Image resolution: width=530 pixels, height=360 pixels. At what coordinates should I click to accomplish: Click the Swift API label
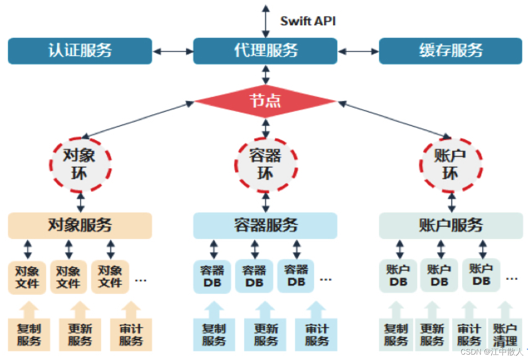tap(308, 21)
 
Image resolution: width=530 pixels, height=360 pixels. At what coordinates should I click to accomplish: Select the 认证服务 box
tap(80, 51)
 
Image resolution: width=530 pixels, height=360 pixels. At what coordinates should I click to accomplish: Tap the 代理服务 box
tap(265, 51)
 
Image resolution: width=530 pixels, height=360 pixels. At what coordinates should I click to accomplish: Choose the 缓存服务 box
tap(451, 51)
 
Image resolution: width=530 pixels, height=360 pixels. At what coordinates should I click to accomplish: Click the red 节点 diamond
tap(265, 101)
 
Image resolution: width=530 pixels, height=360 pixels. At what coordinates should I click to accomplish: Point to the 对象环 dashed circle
tap(80, 165)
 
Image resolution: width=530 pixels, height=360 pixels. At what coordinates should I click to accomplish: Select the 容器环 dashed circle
tap(266, 165)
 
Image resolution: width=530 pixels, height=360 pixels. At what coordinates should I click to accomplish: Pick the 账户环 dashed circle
tap(451, 165)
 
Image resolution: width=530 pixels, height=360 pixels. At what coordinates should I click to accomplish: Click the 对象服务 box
tap(80, 225)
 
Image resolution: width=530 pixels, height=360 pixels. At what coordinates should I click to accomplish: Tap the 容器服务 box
tap(265, 225)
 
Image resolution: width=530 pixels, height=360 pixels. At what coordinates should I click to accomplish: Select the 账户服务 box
tap(451, 225)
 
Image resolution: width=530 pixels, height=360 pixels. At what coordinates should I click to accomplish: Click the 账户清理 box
tap(505, 335)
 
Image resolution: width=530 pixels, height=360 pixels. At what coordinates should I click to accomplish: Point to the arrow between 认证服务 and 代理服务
tap(173, 51)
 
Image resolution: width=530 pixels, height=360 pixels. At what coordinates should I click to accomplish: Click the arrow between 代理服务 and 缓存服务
tap(358, 51)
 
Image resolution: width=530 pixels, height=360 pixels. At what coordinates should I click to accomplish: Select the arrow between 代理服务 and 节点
tap(266, 75)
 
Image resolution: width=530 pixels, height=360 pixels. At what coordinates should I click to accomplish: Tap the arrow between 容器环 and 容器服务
tap(266, 202)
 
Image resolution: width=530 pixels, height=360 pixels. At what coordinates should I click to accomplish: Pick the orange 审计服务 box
tap(131, 335)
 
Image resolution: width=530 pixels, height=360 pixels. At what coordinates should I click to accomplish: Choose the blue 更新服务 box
tap(265, 335)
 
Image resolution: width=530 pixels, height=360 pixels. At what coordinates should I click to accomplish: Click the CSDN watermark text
tap(492, 352)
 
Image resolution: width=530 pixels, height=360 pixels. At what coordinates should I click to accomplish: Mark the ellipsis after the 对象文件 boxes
tap(141, 281)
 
